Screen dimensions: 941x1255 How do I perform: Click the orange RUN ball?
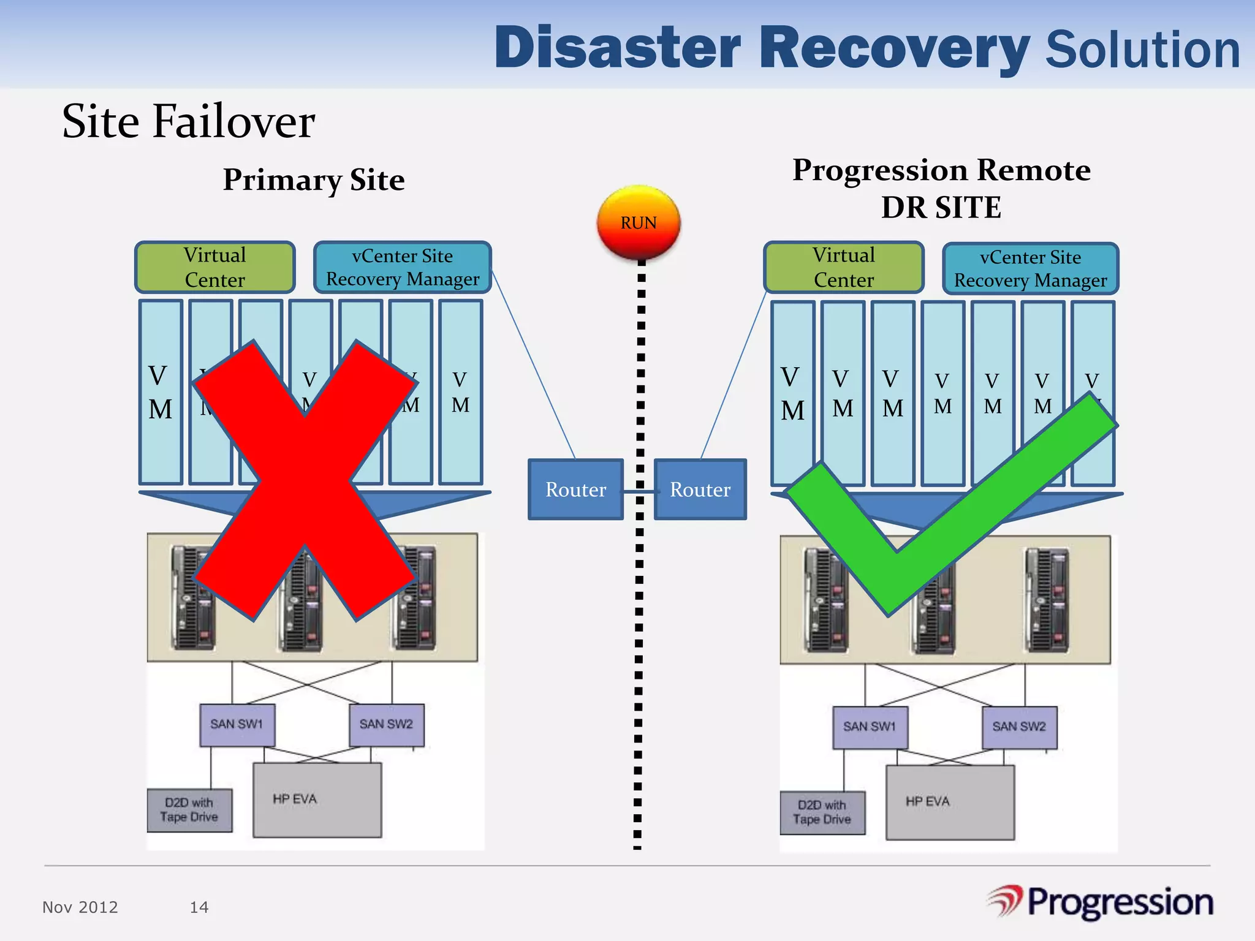pyautogui.click(x=639, y=222)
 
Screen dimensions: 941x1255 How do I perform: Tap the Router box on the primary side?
pyautogui.click(x=575, y=489)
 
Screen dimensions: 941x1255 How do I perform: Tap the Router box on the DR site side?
pyautogui.click(x=700, y=489)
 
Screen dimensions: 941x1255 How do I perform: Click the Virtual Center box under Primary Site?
pyautogui.click(x=214, y=267)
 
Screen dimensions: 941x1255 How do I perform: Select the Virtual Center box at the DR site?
pyautogui.click(x=843, y=268)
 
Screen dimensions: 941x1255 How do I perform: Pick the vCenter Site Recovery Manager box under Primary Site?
pyautogui.click(x=403, y=267)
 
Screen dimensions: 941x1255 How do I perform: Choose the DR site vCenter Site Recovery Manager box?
pyautogui.click(x=1030, y=269)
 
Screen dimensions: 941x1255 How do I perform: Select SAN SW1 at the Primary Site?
pyautogui.click(x=237, y=725)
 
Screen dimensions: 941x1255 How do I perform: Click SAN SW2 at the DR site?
pyautogui.click(x=1019, y=727)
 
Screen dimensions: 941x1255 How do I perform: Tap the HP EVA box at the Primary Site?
pyautogui.click(x=317, y=799)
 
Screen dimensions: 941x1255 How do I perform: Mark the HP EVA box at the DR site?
pyautogui.click(x=950, y=802)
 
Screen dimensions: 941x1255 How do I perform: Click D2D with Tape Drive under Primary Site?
pyautogui.click(x=189, y=810)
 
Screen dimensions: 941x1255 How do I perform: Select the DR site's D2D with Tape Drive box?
pyautogui.click(x=822, y=812)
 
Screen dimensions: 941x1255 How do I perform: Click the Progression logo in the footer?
pyautogui.click(x=1101, y=903)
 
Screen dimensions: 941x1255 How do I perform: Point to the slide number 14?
pyautogui.click(x=199, y=907)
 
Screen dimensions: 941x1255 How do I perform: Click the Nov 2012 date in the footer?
pyautogui.click(x=80, y=907)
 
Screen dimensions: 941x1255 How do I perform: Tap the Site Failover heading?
pyautogui.click(x=189, y=121)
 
